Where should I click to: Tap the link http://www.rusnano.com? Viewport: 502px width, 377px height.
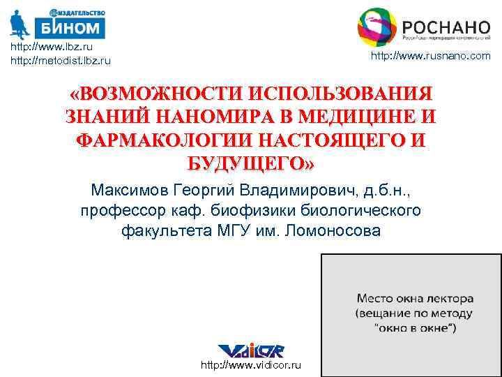point(430,56)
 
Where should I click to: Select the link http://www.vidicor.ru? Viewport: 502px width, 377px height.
point(251,365)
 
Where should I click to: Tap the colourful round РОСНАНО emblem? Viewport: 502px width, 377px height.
point(377,27)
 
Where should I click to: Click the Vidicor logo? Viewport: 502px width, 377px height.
point(250,350)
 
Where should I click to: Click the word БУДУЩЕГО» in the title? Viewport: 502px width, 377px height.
point(252,163)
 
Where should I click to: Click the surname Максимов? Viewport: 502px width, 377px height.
point(129,190)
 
